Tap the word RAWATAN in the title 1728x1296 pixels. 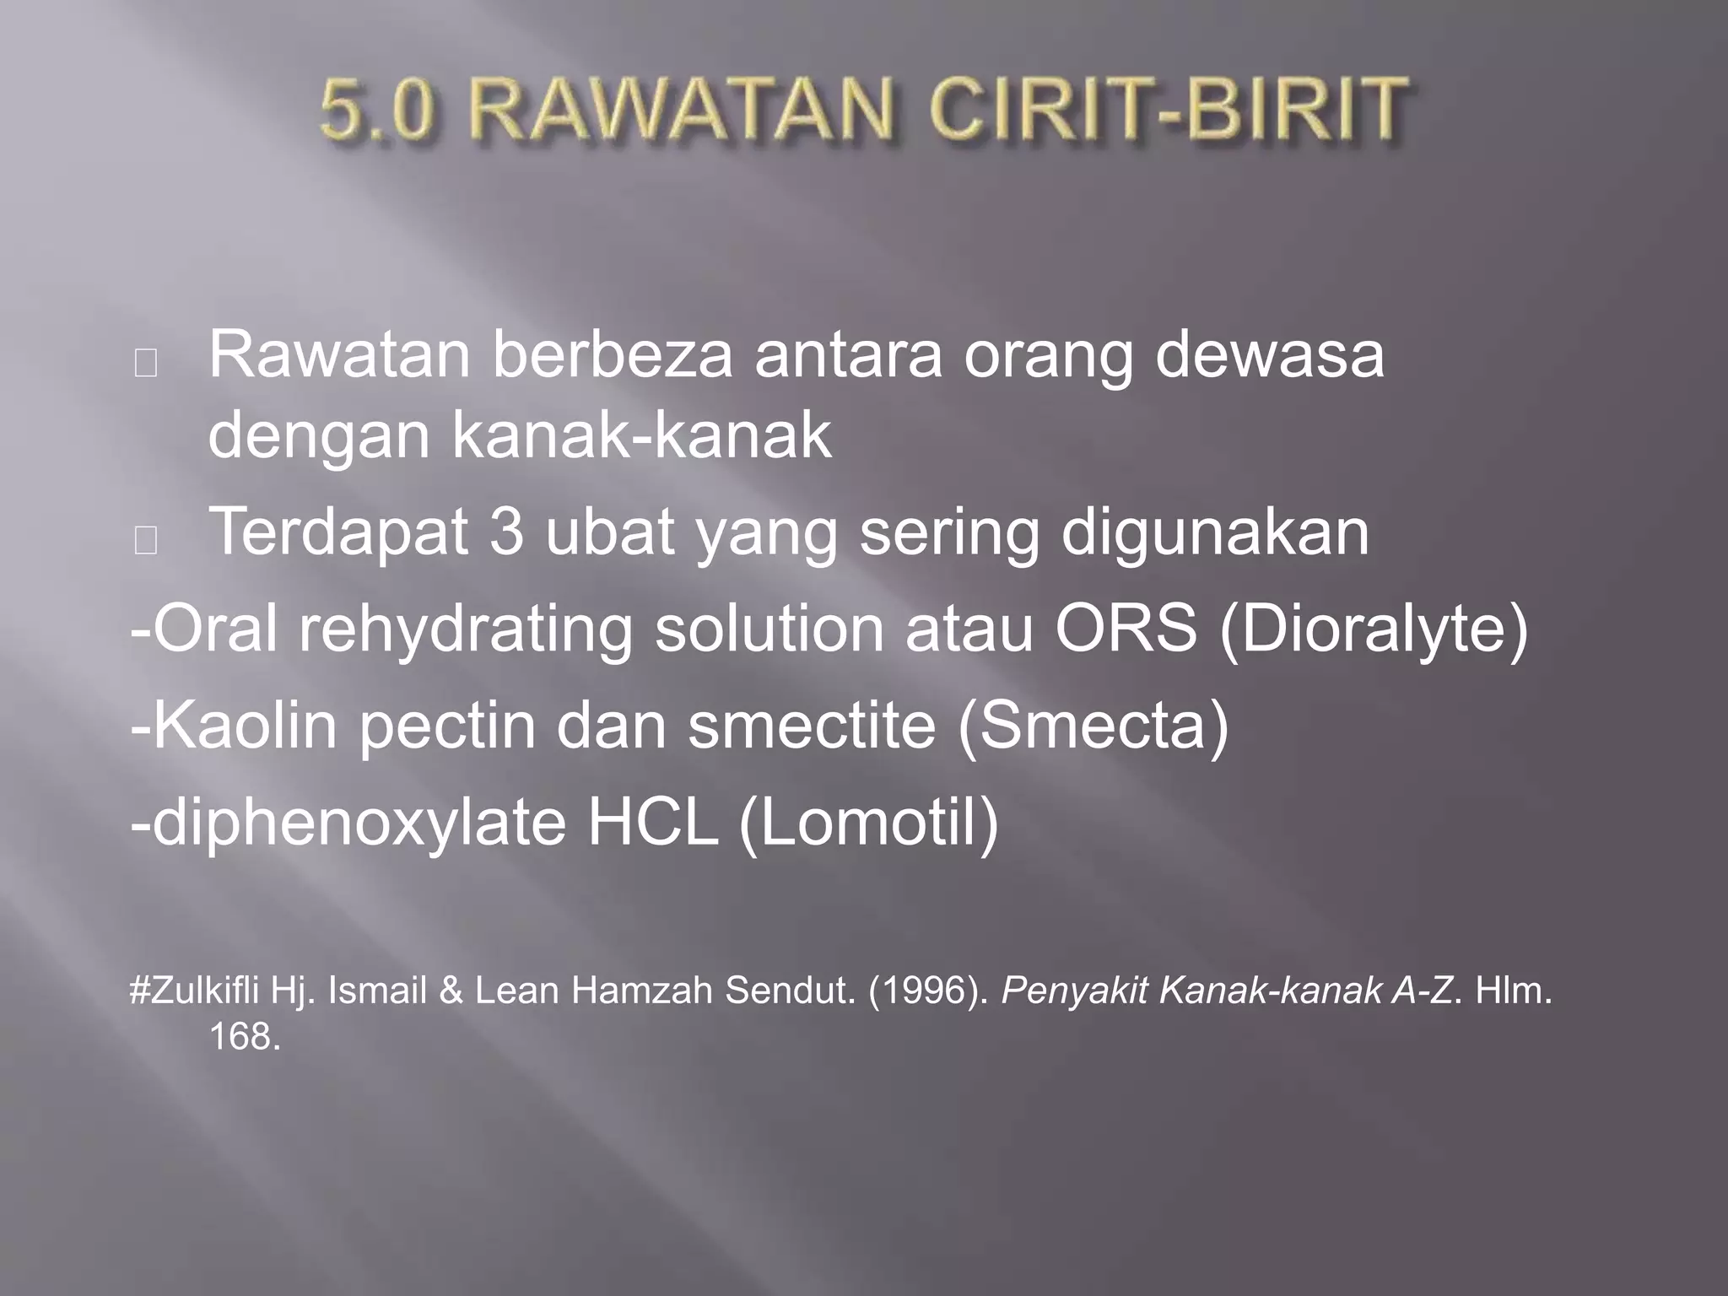click(x=688, y=111)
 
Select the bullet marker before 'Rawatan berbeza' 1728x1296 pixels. click(x=145, y=363)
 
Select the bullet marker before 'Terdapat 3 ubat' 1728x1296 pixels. click(x=145, y=540)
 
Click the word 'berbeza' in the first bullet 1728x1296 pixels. click(x=613, y=355)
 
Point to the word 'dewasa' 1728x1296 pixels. click(x=1269, y=355)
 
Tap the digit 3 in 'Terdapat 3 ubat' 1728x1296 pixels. click(x=506, y=532)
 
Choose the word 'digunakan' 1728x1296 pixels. click(x=1215, y=532)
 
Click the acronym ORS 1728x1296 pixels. click(x=1126, y=630)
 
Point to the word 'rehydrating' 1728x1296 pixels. click(x=465, y=630)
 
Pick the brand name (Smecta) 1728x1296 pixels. click(x=1093, y=726)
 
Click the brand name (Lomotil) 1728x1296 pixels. click(x=868, y=823)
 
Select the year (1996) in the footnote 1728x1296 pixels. click(x=928, y=991)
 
